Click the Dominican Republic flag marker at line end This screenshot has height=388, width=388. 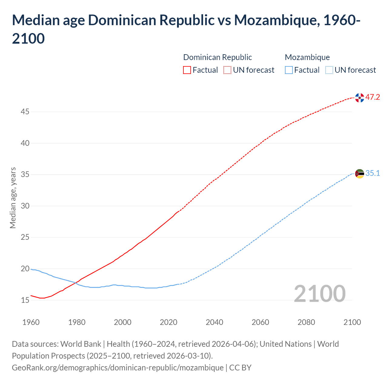(360, 98)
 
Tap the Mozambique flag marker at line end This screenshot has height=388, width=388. (360, 174)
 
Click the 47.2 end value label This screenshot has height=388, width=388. (373, 97)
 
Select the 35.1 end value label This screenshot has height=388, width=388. (373, 173)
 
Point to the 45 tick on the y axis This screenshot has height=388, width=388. (25, 112)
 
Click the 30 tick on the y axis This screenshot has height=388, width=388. (25, 206)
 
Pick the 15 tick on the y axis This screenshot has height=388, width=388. (25, 300)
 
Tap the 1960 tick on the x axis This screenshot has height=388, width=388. (31, 322)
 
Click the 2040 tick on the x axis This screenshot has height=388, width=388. (214, 322)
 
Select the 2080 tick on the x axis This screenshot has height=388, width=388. (306, 322)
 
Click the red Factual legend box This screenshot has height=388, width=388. (187, 70)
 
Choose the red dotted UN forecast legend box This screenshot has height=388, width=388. (227, 70)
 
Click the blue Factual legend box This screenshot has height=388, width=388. (289, 70)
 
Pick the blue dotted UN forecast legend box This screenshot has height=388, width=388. (329, 70)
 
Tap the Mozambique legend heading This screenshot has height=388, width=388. (307, 57)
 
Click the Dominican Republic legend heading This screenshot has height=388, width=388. (217, 57)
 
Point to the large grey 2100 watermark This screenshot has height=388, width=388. (319, 294)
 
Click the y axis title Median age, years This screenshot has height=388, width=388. (13, 197)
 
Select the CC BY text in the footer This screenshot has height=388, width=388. (240, 368)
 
